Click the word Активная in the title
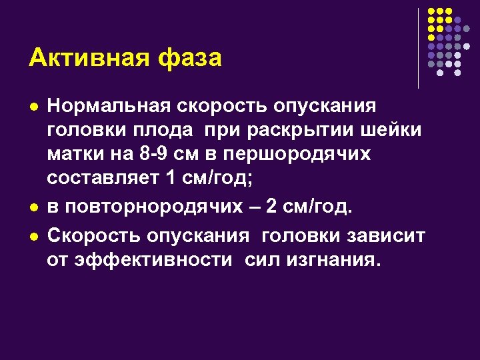(x=79, y=58)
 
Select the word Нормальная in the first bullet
(x=109, y=106)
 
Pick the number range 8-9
(x=151, y=154)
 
